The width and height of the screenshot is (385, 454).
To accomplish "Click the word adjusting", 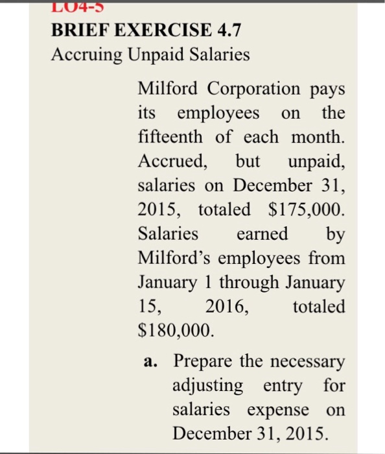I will click(208, 386).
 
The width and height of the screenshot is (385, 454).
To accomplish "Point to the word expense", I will click(287, 410).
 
